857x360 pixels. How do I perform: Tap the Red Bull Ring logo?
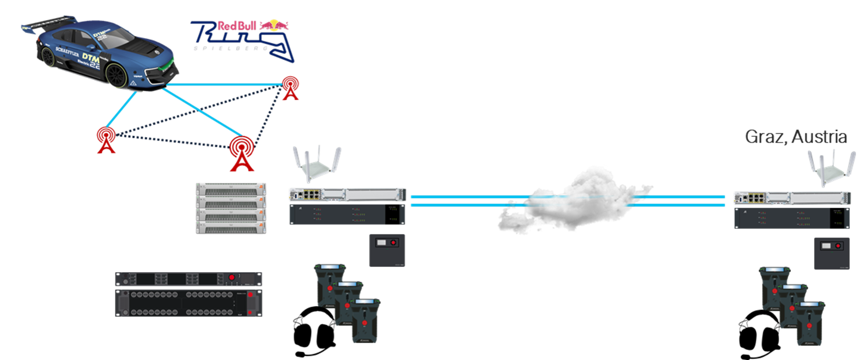point(242,39)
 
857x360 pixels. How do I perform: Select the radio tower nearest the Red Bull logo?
point(290,87)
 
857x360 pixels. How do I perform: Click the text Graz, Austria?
point(796,136)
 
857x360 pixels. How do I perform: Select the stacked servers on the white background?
point(231,209)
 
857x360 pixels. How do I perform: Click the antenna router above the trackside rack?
point(317,164)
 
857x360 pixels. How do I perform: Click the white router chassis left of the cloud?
point(347,195)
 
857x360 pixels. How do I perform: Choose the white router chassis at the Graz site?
point(791,198)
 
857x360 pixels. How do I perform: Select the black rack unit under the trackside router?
point(347,214)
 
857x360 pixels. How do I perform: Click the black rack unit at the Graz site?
point(791,218)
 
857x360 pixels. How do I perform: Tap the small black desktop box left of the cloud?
point(387,250)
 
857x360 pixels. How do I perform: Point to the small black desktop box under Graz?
point(831,253)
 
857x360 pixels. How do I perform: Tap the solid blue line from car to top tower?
point(223,85)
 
